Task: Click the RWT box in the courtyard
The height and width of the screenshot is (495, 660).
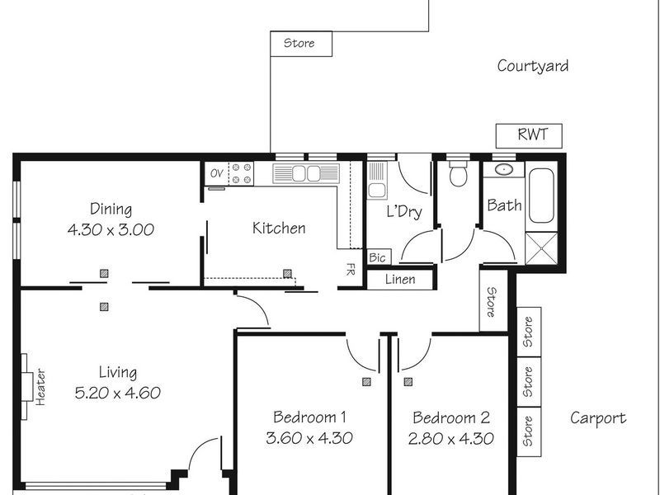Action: click(x=528, y=134)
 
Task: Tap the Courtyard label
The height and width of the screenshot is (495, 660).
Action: click(x=532, y=66)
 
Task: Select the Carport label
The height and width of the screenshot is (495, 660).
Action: click(x=598, y=418)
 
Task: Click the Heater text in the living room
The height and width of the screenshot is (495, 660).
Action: click(x=40, y=385)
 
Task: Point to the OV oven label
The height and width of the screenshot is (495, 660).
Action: click(x=216, y=173)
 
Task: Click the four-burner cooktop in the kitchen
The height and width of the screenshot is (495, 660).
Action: click(x=241, y=173)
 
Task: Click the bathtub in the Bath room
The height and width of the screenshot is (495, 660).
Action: click(x=542, y=196)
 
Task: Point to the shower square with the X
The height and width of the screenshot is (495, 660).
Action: click(x=541, y=247)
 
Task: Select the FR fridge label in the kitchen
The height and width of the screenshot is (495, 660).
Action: click(x=351, y=269)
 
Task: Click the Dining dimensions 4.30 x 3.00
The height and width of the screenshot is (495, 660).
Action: click(x=111, y=230)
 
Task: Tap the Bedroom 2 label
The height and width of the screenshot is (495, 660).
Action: click(x=452, y=417)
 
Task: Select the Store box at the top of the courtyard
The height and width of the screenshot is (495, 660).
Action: click(x=300, y=43)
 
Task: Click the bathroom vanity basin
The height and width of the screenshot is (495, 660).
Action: click(x=500, y=171)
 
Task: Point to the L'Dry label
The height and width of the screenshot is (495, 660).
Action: click(x=404, y=211)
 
